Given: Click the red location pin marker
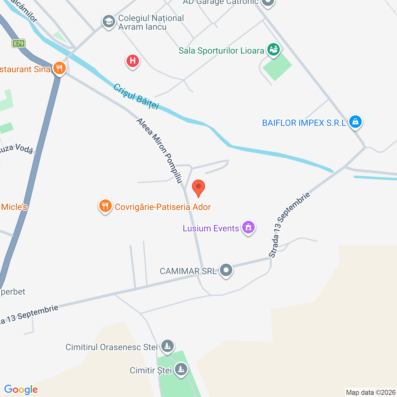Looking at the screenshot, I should pyautogui.click(x=198, y=187).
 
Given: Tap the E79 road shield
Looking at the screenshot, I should pyautogui.click(x=19, y=43).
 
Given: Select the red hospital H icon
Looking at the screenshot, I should pyautogui.click(x=133, y=61).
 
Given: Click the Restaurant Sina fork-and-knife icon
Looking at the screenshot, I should pyautogui.click(x=59, y=68).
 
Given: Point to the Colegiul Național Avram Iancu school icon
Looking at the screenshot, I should pyautogui.click(x=109, y=22).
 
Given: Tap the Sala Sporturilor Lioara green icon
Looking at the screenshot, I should pyautogui.click(x=274, y=50).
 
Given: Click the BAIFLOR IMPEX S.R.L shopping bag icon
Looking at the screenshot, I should pyautogui.click(x=355, y=122).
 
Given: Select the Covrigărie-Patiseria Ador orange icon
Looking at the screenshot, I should pyautogui.click(x=105, y=206).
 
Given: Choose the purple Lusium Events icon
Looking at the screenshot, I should pyautogui.click(x=248, y=227).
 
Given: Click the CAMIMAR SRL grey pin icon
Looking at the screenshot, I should pyautogui.click(x=226, y=270).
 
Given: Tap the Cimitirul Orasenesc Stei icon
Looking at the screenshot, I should pyautogui.click(x=167, y=346).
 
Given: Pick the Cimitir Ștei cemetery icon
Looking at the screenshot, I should pyautogui.click(x=181, y=369).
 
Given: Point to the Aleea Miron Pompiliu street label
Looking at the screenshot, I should pyautogui.click(x=159, y=151).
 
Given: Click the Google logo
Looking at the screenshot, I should pyautogui.click(x=21, y=390).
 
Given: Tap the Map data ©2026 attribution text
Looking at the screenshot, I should pyautogui.click(x=371, y=392).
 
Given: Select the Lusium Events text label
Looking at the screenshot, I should pyautogui.click(x=211, y=229).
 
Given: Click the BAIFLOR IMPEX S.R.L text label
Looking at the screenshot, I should pyautogui.click(x=304, y=123).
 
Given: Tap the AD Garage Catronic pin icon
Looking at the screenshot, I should pyautogui.click(x=267, y=2).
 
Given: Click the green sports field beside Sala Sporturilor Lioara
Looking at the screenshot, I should pyautogui.click(x=277, y=66).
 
